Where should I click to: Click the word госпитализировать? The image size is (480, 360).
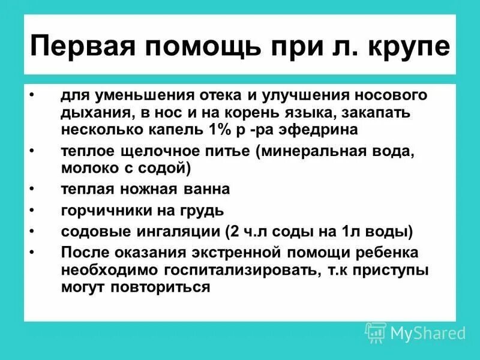click(223, 271)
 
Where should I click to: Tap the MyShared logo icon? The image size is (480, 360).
click(376, 332)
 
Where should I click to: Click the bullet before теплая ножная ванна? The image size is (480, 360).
click(31, 190)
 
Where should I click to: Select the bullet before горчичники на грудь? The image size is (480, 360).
click(31, 211)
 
